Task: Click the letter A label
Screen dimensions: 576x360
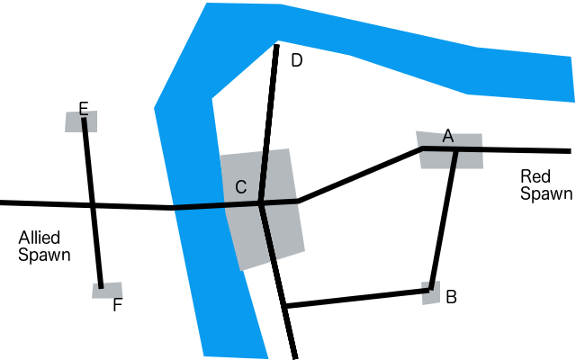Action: click(x=447, y=136)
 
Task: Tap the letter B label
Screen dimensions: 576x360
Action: click(x=452, y=296)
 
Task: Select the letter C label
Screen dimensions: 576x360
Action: click(x=240, y=187)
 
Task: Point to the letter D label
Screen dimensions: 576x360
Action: click(x=297, y=61)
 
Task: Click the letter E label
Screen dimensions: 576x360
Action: click(x=83, y=110)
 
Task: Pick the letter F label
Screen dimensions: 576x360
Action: click(x=117, y=305)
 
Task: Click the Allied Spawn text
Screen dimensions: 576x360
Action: click(x=45, y=247)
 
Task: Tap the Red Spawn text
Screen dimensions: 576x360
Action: click(x=545, y=184)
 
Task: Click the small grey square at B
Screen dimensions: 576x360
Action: click(x=431, y=294)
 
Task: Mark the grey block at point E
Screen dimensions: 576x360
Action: click(x=73, y=123)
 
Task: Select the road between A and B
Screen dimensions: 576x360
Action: click(x=444, y=220)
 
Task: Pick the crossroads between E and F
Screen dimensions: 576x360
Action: click(x=93, y=205)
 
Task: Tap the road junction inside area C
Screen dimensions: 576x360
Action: click(x=260, y=204)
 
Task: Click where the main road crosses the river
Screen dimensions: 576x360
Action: click(x=193, y=207)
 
